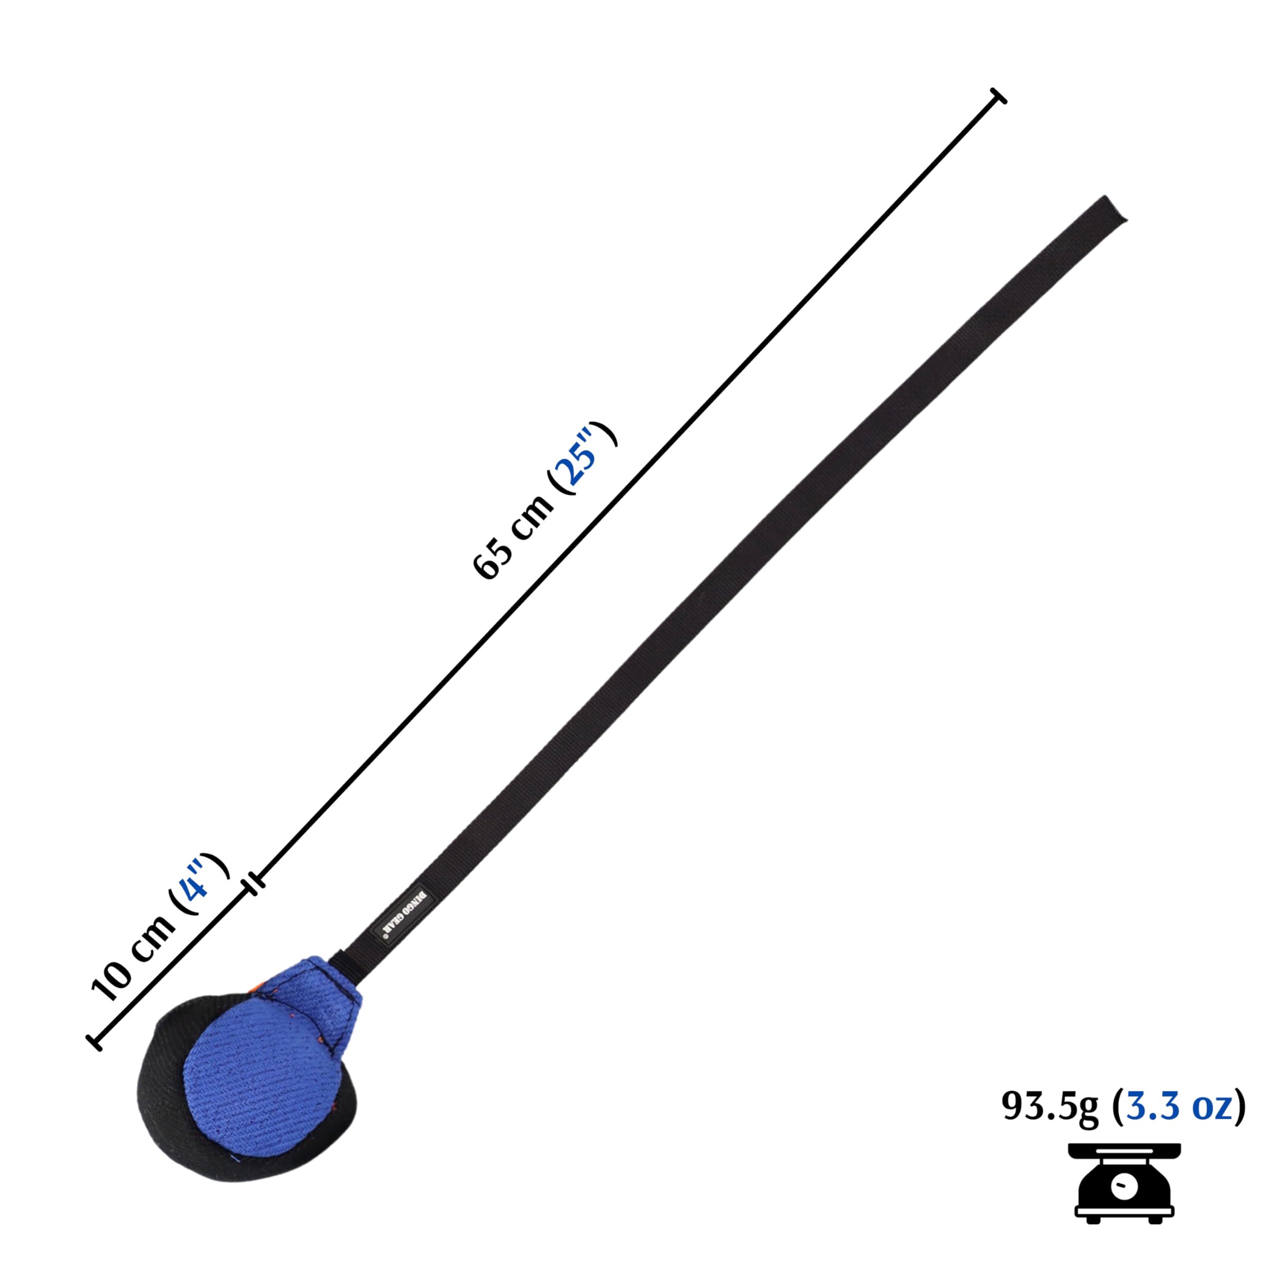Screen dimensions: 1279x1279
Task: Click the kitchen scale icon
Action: [1124, 1188]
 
